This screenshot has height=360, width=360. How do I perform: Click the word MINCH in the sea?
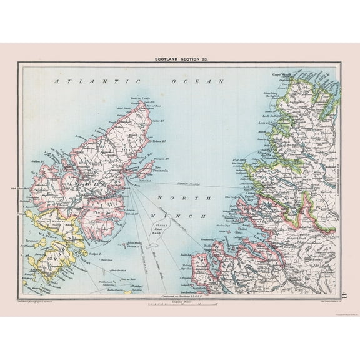click(201, 216)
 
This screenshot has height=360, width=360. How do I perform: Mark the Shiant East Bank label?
click(172, 229)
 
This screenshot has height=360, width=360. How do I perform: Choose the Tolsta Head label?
click(162, 140)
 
